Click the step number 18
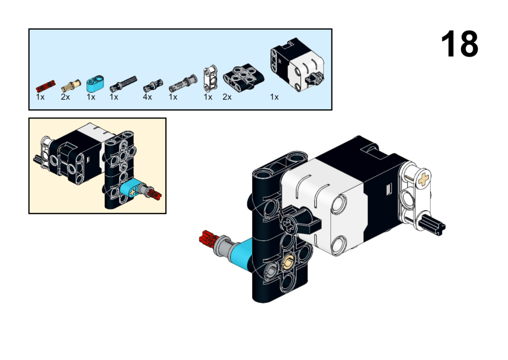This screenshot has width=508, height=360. point(459,44)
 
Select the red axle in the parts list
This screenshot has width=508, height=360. point(45,85)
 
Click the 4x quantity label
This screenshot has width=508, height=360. point(147,97)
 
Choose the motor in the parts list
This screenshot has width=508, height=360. point(297,69)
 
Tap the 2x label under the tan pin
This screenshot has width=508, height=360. point(65,97)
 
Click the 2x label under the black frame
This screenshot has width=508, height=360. point(227,97)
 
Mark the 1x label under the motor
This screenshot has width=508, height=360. point(274,97)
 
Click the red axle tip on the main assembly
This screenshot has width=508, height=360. point(206,240)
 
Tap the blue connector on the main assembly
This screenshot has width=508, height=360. point(241,253)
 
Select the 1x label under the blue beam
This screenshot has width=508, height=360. point(91,97)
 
